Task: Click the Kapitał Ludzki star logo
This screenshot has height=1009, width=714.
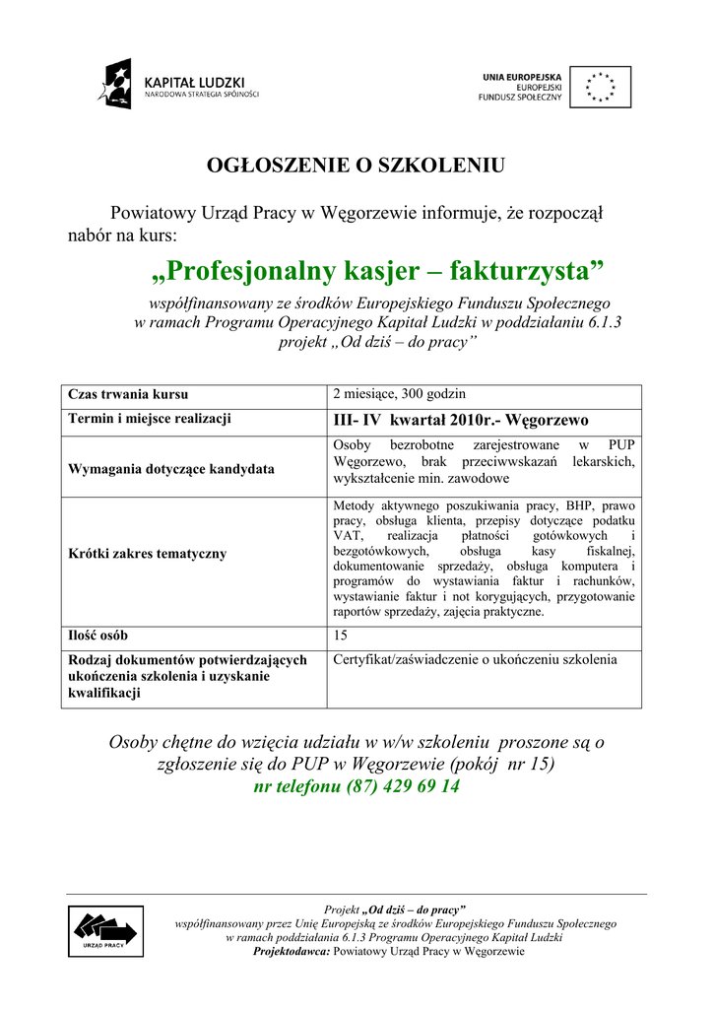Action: pyautogui.click(x=114, y=84)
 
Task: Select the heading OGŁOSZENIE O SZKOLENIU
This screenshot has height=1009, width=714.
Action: pyautogui.click(x=356, y=165)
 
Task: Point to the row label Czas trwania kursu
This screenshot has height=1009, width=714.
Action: pyautogui.click(x=128, y=395)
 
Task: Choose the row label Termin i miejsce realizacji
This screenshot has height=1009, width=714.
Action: pyautogui.click(x=150, y=419)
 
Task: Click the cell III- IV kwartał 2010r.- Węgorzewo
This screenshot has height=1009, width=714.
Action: pyautogui.click(x=461, y=420)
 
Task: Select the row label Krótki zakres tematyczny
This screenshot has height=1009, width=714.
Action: pyautogui.click(x=147, y=554)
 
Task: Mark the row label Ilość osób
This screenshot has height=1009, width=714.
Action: pyautogui.click(x=97, y=636)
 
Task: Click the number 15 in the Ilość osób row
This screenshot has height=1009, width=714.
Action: pyautogui.click(x=342, y=636)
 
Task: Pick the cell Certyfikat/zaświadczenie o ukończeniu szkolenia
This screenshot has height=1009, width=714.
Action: pyautogui.click(x=476, y=659)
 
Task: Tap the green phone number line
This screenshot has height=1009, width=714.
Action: pyautogui.click(x=356, y=787)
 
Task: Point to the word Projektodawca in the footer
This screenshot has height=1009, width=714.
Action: pyautogui.click(x=292, y=952)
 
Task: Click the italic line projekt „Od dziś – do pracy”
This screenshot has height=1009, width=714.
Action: pyautogui.click(x=377, y=341)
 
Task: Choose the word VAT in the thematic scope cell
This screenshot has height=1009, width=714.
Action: pyautogui.click(x=347, y=534)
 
